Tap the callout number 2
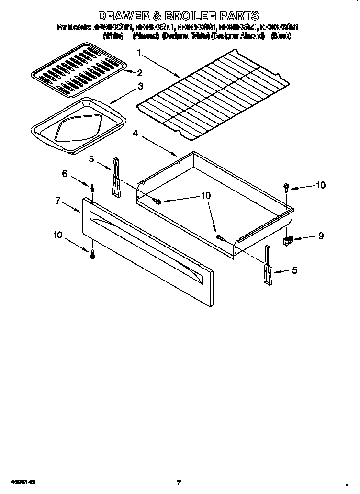pos(140,73)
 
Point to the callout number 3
pos(140,87)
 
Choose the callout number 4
pos(135,134)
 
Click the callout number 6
pos(65,174)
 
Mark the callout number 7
pos(58,201)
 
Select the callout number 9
pos(320,235)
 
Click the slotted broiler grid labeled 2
pos(77,67)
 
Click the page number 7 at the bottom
pos(179,483)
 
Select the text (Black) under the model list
pos(281,36)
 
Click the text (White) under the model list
pos(113,36)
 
